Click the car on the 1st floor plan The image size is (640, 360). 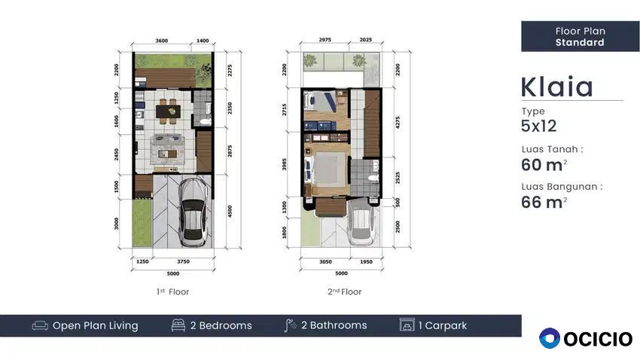pyautogui.click(x=194, y=212)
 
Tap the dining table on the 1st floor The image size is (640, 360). pyautogui.click(x=168, y=111)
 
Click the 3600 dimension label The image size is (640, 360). pyautogui.click(x=162, y=41)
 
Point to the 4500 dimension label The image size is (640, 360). pyautogui.click(x=230, y=211)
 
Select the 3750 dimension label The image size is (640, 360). pyautogui.click(x=183, y=261)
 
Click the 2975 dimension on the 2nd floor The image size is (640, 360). pyautogui.click(x=325, y=40)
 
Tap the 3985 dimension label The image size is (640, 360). pyautogui.click(x=284, y=164)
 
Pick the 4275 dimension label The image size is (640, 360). pyautogui.click(x=398, y=123)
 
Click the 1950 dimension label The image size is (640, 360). pyautogui.click(x=366, y=262)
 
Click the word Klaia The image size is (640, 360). pyautogui.click(x=556, y=87)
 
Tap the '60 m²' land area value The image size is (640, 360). pyautogui.click(x=544, y=165)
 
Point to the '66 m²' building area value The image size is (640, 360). pyautogui.click(x=544, y=202)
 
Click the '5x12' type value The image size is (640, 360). pyautogui.click(x=539, y=126)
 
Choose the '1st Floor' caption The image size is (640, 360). pyautogui.click(x=172, y=291)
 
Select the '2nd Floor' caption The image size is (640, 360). pyautogui.click(x=345, y=291)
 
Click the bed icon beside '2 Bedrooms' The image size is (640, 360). pyautogui.click(x=178, y=325)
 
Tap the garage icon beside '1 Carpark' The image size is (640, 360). pyautogui.click(x=407, y=325)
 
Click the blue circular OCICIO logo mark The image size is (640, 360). pyautogui.click(x=550, y=338)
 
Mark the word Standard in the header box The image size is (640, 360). pyautogui.click(x=580, y=42)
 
